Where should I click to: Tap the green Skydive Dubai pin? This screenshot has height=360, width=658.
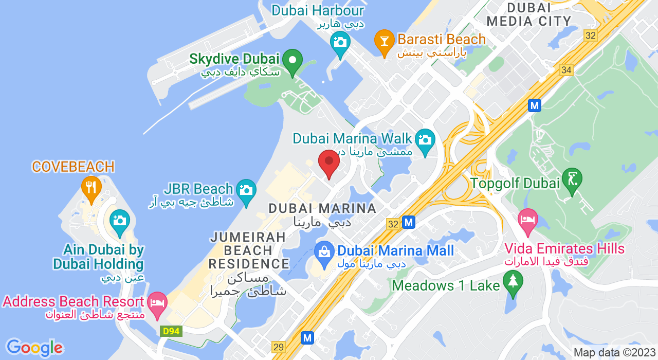click(293, 61)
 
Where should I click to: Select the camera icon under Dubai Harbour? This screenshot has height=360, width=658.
click(340, 41)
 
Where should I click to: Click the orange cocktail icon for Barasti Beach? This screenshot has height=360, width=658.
click(383, 41)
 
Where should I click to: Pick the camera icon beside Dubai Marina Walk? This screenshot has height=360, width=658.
click(425, 140)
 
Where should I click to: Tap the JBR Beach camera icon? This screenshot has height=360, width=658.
click(247, 190)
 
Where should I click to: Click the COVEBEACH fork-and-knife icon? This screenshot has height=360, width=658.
click(92, 187)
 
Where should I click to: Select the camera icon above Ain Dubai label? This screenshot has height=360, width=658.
click(119, 221)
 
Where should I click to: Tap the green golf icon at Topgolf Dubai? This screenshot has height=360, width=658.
click(572, 179)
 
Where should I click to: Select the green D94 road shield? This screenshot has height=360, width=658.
click(171, 331)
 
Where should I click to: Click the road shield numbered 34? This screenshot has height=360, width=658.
click(566, 70)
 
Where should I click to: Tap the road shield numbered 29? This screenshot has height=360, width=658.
click(278, 347)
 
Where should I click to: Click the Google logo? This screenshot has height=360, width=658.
click(34, 348)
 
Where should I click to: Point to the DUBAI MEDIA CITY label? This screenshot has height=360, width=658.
click(529, 14)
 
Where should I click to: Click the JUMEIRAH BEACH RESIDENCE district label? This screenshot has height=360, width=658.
click(248, 250)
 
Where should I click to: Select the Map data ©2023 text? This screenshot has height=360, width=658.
click(614, 353)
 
